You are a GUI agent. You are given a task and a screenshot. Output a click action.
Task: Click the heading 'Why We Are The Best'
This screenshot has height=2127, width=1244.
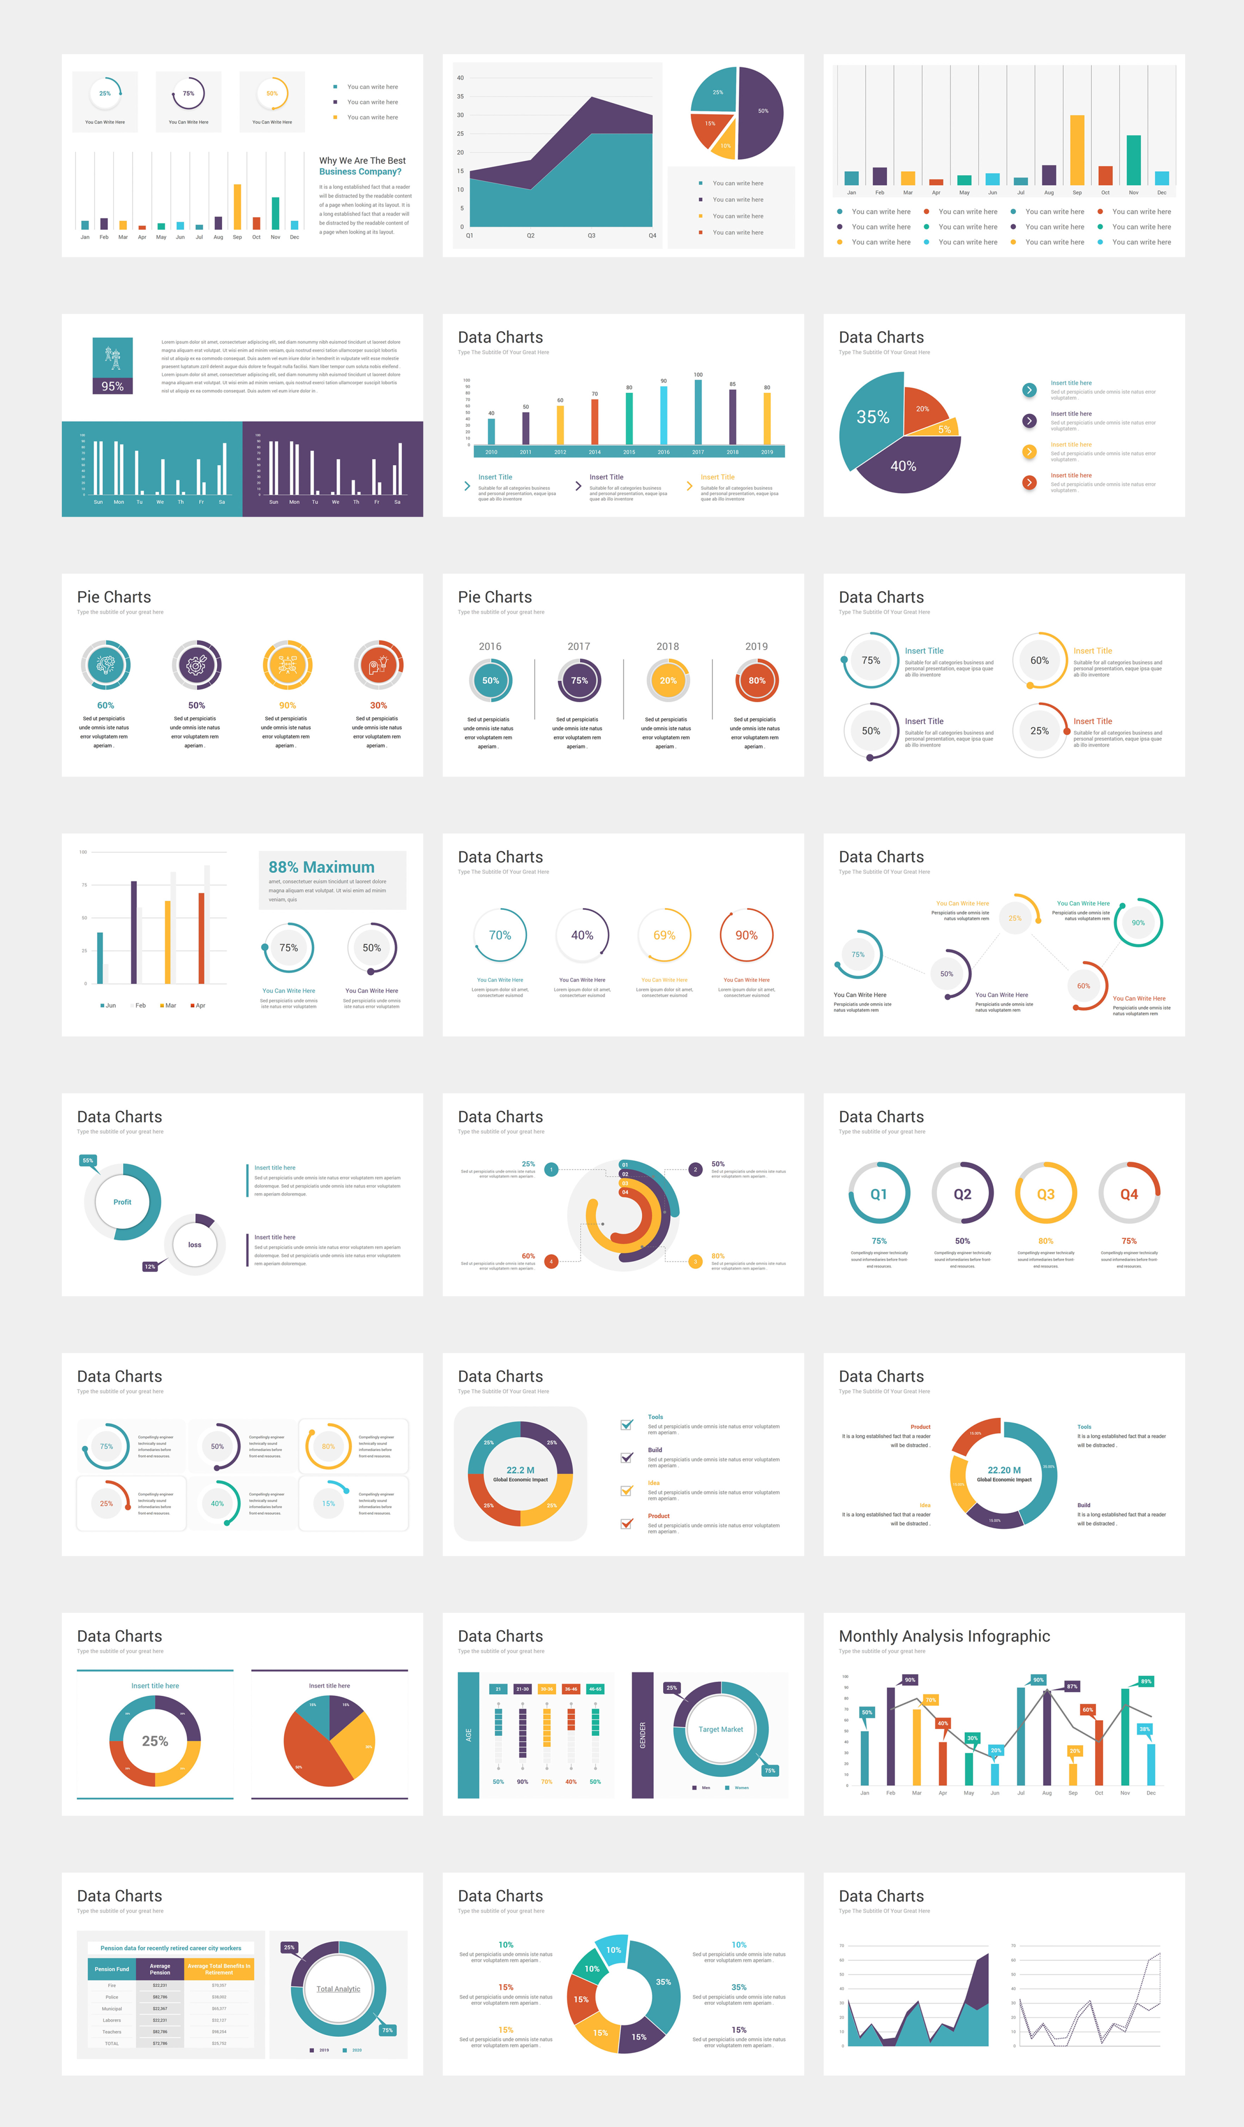pyautogui.click(x=362, y=160)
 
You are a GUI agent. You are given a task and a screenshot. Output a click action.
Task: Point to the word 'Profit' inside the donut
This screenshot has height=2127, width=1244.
pyautogui.click(x=123, y=1202)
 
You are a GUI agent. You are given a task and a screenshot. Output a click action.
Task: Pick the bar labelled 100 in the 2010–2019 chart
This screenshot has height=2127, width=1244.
pyautogui.click(x=698, y=411)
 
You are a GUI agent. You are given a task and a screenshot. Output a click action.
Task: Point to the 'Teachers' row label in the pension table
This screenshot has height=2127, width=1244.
pyautogui.click(x=111, y=2031)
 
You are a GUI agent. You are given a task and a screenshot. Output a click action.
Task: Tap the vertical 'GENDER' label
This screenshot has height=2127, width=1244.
pyautogui.click(x=642, y=1735)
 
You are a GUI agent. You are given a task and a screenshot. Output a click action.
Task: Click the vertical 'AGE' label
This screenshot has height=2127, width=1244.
pyautogui.click(x=468, y=1735)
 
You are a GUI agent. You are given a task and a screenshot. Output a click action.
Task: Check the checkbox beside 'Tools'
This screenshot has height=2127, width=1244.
pyautogui.click(x=626, y=1425)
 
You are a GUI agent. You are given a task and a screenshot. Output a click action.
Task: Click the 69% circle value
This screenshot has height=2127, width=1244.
pyautogui.click(x=664, y=935)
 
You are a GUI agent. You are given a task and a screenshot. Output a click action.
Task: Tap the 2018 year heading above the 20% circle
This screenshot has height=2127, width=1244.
pyautogui.click(x=668, y=647)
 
